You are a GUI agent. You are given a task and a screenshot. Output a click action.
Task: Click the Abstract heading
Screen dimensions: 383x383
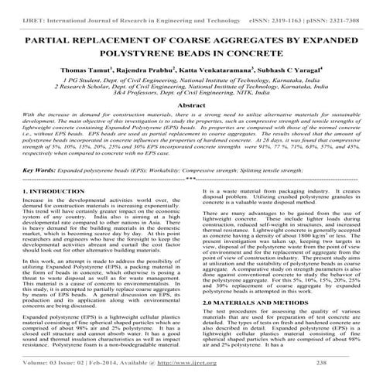pyautogui.click(x=192, y=104)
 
